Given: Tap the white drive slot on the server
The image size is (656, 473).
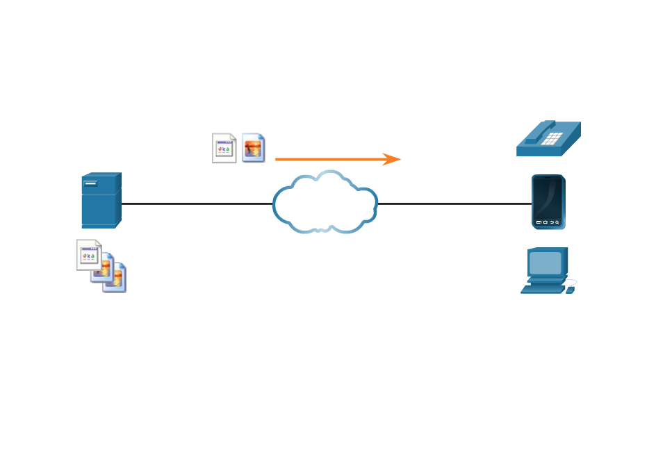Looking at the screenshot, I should click(91, 183).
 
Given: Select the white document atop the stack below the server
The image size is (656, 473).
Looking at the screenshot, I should click(88, 254).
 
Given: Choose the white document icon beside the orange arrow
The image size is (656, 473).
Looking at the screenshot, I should click(224, 148).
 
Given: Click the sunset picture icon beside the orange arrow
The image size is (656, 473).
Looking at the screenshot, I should click(254, 148).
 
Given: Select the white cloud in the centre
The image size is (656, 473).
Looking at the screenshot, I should click(325, 203).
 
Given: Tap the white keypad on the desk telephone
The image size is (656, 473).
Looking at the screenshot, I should click(552, 138).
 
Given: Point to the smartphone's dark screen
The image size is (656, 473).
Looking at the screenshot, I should click(548, 197).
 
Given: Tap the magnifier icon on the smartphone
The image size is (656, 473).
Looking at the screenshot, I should click(557, 222).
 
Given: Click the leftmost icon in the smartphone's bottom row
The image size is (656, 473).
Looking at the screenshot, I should click(539, 222).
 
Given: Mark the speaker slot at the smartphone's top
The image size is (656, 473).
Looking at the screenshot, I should click(548, 178).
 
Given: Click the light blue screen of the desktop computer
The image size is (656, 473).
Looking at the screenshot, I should click(546, 263).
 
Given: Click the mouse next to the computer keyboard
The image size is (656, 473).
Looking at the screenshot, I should click(571, 288).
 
